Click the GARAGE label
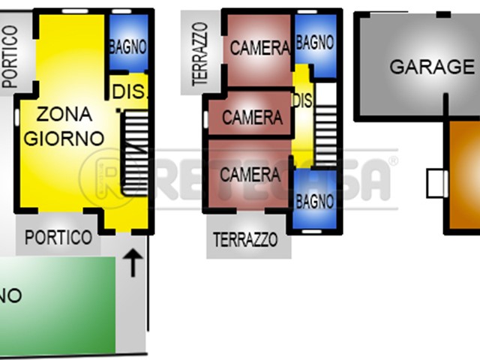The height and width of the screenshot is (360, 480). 421,67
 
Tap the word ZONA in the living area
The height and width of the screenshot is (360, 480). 64,115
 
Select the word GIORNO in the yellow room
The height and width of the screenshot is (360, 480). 64,138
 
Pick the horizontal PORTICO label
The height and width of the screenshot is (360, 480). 58,238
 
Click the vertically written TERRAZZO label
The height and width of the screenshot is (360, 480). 199,53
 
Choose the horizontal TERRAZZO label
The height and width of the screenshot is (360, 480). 245,241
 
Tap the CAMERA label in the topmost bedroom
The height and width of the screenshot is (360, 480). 259,49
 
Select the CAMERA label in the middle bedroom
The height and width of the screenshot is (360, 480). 252,118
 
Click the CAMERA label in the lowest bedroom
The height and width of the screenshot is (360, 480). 250,175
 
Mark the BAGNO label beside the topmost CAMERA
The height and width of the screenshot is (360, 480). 315,43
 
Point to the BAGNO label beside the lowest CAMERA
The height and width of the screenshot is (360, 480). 314,202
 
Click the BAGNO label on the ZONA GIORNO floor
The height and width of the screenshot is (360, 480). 127,46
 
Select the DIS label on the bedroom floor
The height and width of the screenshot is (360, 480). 301,100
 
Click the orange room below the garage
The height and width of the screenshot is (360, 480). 463,180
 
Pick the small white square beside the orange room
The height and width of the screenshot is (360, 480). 436,184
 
